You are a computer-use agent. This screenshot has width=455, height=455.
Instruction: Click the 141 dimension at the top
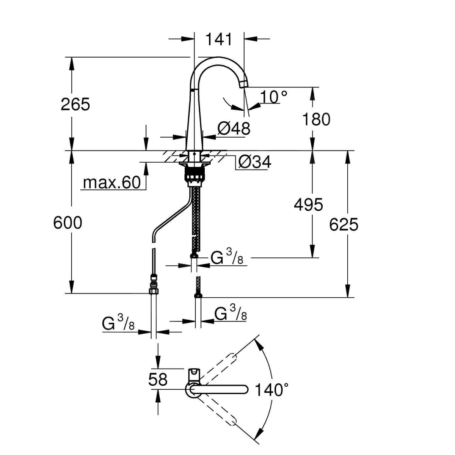click(x=218, y=39)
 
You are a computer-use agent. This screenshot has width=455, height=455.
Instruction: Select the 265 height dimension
click(x=75, y=104)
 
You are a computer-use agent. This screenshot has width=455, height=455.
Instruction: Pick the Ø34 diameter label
click(x=254, y=162)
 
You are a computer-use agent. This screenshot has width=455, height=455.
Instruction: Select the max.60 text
click(x=112, y=183)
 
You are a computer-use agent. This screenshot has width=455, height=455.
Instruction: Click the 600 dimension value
click(x=67, y=223)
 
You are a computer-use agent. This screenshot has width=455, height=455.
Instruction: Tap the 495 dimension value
click(x=309, y=205)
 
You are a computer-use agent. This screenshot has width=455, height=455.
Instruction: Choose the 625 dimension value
click(x=344, y=224)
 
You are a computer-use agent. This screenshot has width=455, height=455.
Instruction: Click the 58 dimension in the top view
click(x=158, y=379)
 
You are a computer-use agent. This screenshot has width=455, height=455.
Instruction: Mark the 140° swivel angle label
click(x=271, y=389)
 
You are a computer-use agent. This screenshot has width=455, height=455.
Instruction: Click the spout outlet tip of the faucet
click(x=243, y=85)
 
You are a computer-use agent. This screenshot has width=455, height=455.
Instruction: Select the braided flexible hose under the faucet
click(x=196, y=216)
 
